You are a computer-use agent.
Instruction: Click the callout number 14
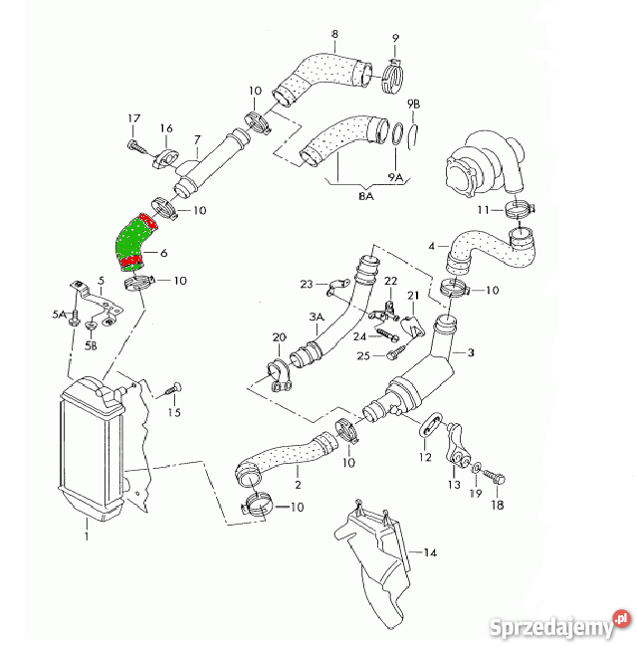430,551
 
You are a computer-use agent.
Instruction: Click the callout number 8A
337,197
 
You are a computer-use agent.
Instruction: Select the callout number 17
134,119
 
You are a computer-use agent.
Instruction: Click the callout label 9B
414,104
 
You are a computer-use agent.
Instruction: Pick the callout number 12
425,457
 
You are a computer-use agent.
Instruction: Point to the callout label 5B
91,345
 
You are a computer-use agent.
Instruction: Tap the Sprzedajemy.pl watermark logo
561,624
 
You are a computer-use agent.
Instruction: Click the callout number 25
363,355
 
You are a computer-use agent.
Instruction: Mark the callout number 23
307,285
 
